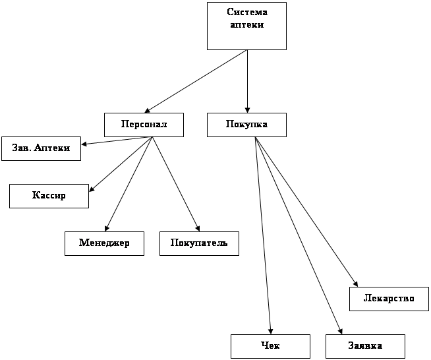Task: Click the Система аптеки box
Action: pos(246,26)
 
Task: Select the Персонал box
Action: pos(144,125)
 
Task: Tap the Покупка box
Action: pos(246,125)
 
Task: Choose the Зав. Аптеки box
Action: pos(42,148)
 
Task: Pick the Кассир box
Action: pos(49,196)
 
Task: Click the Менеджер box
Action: pos(104,243)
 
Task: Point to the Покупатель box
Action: pos(199,243)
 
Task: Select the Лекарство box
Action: pos(389,299)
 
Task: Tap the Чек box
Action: pos(270,346)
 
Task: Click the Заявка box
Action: pos(365,346)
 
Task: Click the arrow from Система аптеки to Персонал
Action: pos(196,81)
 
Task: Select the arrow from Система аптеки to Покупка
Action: pos(247,81)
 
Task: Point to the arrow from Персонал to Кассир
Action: pos(121,164)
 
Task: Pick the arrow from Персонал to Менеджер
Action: pos(129,184)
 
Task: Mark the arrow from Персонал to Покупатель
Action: pos(176,184)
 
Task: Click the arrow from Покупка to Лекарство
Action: pos(306,212)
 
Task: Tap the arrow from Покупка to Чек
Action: pos(263,235)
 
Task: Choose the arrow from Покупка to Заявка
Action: pos(299,235)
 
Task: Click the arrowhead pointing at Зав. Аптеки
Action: pos(84,144)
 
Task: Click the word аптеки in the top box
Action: pos(247,25)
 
